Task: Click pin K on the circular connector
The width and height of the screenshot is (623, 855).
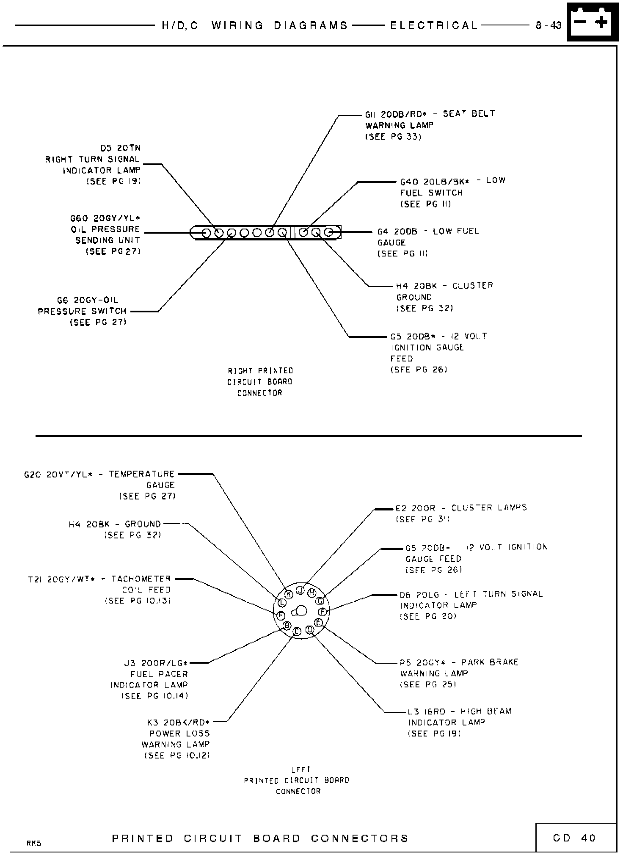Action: point(289,594)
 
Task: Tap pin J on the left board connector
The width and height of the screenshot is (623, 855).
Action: point(300,590)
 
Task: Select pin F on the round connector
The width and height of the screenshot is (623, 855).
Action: point(323,612)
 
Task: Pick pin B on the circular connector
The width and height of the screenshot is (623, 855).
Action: point(287,625)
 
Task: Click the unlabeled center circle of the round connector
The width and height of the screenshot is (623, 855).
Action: point(301,611)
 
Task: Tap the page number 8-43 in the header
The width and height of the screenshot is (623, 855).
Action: point(548,25)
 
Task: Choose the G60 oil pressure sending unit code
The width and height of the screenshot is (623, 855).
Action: point(79,218)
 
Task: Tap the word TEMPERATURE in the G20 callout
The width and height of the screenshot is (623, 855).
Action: point(142,474)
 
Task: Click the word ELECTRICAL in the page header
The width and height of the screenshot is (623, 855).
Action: point(433,25)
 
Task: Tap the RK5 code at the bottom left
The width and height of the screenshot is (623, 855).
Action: point(34,843)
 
